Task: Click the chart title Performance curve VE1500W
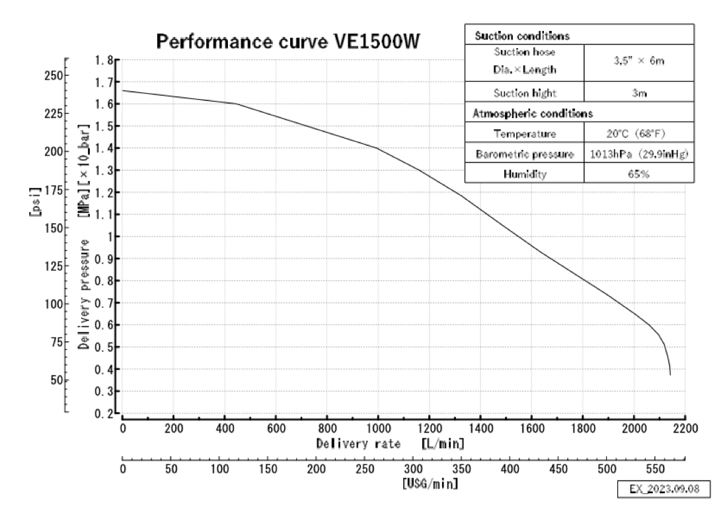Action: (x=288, y=41)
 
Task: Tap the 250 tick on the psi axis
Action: (x=54, y=75)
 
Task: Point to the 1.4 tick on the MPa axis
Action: (x=104, y=148)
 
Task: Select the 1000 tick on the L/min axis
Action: (x=378, y=428)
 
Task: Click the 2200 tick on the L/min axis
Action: (x=685, y=428)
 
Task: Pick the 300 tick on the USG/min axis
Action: (x=413, y=469)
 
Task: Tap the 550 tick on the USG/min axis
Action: (x=655, y=469)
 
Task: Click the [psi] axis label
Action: (x=35, y=201)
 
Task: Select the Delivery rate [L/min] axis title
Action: (x=391, y=444)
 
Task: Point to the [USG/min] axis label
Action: (x=430, y=484)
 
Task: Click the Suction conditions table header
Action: (x=522, y=36)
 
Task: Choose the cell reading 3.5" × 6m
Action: (x=639, y=61)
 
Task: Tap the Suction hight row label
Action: (x=524, y=93)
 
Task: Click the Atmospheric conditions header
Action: (x=533, y=114)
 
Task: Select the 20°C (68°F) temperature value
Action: (x=636, y=134)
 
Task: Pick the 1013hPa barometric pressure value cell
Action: (x=639, y=154)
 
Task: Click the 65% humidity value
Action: (x=638, y=174)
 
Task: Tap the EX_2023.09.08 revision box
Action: (x=664, y=489)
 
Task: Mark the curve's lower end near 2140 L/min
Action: (x=670, y=374)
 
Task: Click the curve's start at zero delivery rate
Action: (x=122, y=90)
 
